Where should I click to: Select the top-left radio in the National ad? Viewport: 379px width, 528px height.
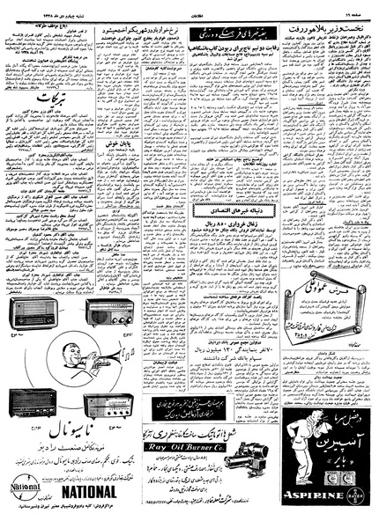pyautogui.click(x=29, y=313)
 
